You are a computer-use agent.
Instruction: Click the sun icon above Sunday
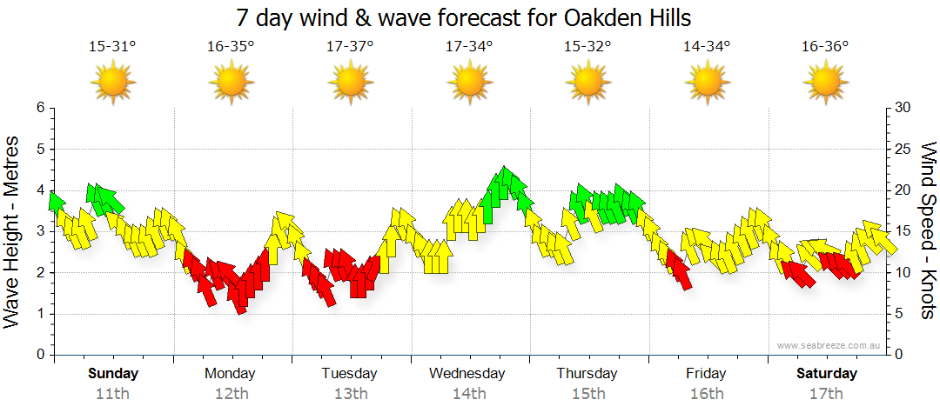[x=113, y=83]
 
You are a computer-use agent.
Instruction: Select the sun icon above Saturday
[x=825, y=83]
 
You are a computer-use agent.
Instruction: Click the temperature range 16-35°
[x=231, y=47]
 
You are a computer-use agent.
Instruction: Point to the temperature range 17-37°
[x=350, y=47]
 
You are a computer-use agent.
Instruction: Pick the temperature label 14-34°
[x=706, y=47]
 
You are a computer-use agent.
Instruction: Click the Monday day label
[x=230, y=374]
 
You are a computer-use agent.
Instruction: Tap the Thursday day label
[x=587, y=374]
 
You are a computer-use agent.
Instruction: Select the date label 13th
[x=350, y=393]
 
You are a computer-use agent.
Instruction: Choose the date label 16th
[x=706, y=393]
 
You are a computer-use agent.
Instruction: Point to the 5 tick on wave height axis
[x=39, y=150]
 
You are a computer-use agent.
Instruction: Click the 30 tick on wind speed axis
[x=903, y=108]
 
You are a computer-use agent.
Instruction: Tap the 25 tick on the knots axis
[x=903, y=150]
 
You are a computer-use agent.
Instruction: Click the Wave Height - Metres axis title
[x=14, y=232]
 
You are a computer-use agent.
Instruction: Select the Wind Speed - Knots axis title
[x=928, y=232]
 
